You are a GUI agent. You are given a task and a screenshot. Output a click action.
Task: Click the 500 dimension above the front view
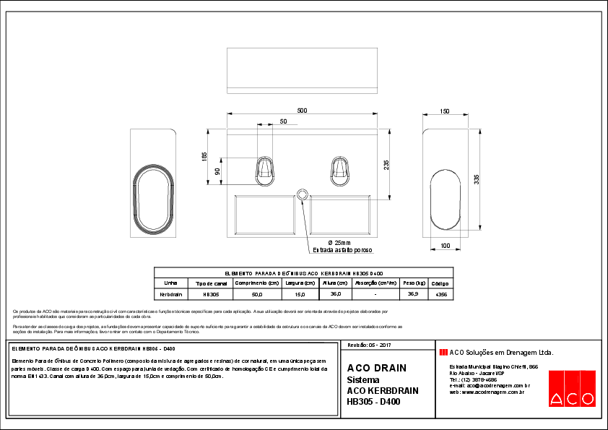pyautogui.click(x=302, y=110)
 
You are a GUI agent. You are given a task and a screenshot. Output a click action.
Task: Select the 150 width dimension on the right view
pyautogui.click(x=444, y=111)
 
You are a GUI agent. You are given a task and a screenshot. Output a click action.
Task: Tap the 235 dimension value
pyautogui.click(x=386, y=165)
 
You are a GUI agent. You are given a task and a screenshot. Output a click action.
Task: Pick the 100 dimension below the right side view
pyautogui.click(x=445, y=246)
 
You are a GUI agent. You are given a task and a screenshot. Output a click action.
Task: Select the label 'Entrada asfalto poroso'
pyautogui.click(x=342, y=250)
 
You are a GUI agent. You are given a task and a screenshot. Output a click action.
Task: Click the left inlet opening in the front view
pyautogui.click(x=266, y=169)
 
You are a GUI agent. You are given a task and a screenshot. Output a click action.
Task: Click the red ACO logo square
pyautogui.click(x=571, y=389)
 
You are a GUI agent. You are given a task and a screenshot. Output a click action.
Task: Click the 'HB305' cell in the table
pyautogui.click(x=211, y=295)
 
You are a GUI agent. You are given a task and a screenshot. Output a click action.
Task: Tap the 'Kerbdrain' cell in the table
pyautogui.click(x=170, y=295)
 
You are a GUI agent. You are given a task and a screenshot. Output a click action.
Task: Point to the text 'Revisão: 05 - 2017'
pyautogui.click(x=370, y=346)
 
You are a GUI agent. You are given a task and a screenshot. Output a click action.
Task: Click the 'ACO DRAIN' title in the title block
pyautogui.click(x=376, y=368)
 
